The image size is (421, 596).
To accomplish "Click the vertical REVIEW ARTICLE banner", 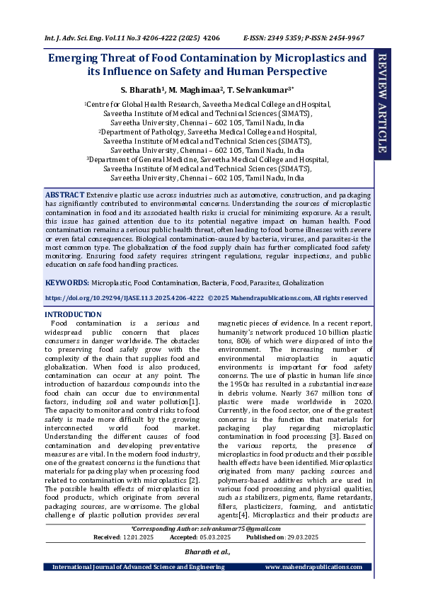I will [x=381, y=102].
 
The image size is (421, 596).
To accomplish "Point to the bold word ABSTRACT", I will [x=64, y=194].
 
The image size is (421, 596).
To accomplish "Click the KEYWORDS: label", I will [x=67, y=282].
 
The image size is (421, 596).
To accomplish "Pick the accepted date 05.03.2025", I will [x=214, y=537].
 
